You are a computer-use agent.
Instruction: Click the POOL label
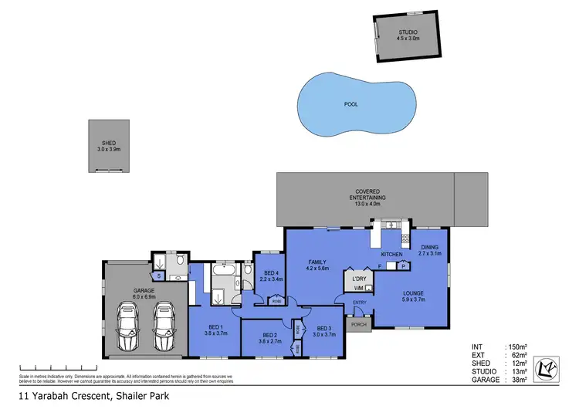[x=350, y=104]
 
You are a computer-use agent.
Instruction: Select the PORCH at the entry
[x=358, y=324]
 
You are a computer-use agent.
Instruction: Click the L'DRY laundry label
[x=358, y=278]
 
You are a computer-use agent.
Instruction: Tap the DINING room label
[x=429, y=250]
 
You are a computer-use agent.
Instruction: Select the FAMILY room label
[x=318, y=265]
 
